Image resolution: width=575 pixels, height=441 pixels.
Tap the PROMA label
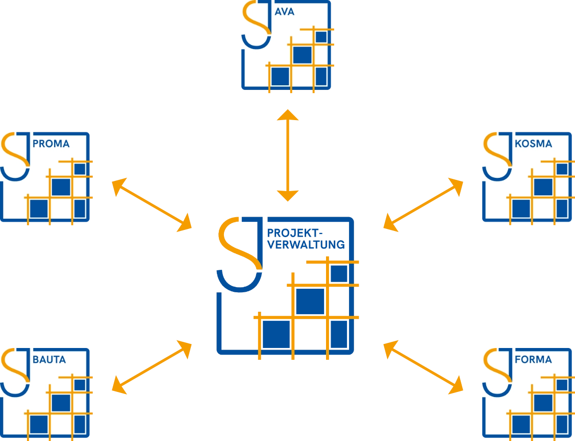[x=51, y=144]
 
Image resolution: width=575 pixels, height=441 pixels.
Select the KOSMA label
[x=534, y=144]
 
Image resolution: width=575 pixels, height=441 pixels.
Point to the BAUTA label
[x=49, y=360]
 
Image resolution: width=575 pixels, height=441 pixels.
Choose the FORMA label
[x=534, y=360]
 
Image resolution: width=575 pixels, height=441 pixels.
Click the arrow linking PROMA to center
[x=151, y=204]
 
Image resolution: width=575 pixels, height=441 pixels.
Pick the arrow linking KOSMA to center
[x=423, y=204]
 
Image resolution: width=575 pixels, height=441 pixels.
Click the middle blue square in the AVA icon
[x=302, y=55]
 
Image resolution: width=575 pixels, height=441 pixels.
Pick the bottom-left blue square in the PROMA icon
[x=39, y=208]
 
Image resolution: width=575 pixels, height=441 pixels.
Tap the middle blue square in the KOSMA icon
[x=543, y=187]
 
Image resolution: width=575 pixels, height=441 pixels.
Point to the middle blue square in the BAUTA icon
[x=61, y=402]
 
